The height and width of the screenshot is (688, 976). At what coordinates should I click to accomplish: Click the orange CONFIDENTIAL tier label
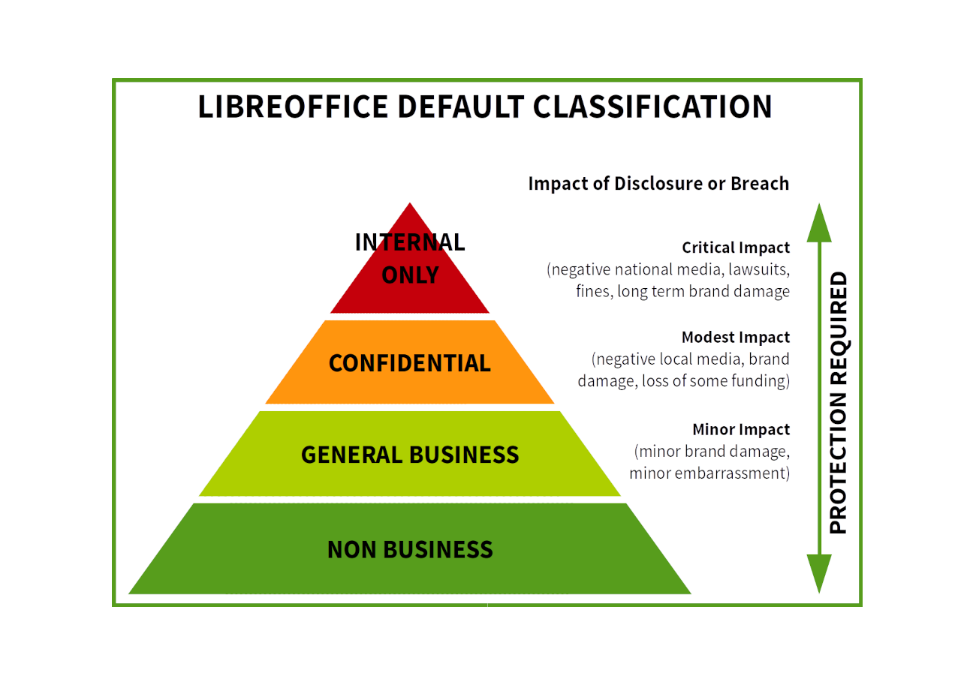point(409,364)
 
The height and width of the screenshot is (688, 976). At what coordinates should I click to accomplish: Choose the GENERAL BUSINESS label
point(409,455)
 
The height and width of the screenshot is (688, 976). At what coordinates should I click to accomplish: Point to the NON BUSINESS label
point(410,550)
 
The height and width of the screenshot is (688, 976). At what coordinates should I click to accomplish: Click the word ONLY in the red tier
point(410,275)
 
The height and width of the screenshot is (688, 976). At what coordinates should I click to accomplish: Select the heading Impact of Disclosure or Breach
point(658,183)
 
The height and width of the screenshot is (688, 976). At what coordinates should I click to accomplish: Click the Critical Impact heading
point(735,247)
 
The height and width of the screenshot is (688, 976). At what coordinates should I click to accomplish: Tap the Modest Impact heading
point(735,336)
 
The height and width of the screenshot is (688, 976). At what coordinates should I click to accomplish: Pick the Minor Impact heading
point(740,430)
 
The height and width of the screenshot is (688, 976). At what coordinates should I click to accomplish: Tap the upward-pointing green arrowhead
point(820,221)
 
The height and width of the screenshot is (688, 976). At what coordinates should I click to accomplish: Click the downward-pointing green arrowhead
point(820,574)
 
